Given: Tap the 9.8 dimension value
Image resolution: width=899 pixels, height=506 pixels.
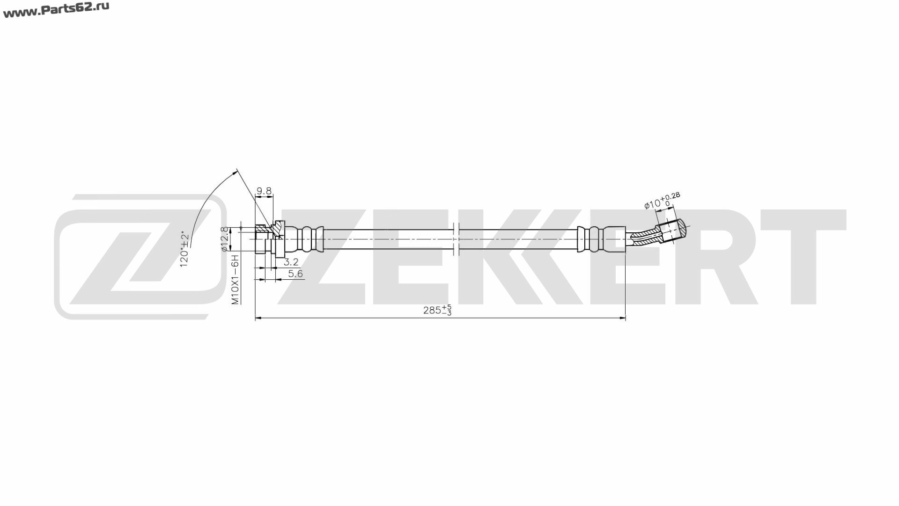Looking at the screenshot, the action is (264, 191).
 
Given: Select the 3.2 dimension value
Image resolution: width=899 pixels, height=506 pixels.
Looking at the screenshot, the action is (291, 262).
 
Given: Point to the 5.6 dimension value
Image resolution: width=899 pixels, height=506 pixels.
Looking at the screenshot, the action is (295, 274).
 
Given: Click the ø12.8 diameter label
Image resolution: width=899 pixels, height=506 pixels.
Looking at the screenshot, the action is (225, 239).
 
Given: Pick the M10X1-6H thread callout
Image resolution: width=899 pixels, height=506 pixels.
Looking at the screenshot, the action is (236, 280).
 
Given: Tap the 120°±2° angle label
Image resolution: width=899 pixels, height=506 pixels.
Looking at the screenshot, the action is (185, 250).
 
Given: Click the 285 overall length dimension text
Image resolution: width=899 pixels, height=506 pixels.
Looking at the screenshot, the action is (438, 310).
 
